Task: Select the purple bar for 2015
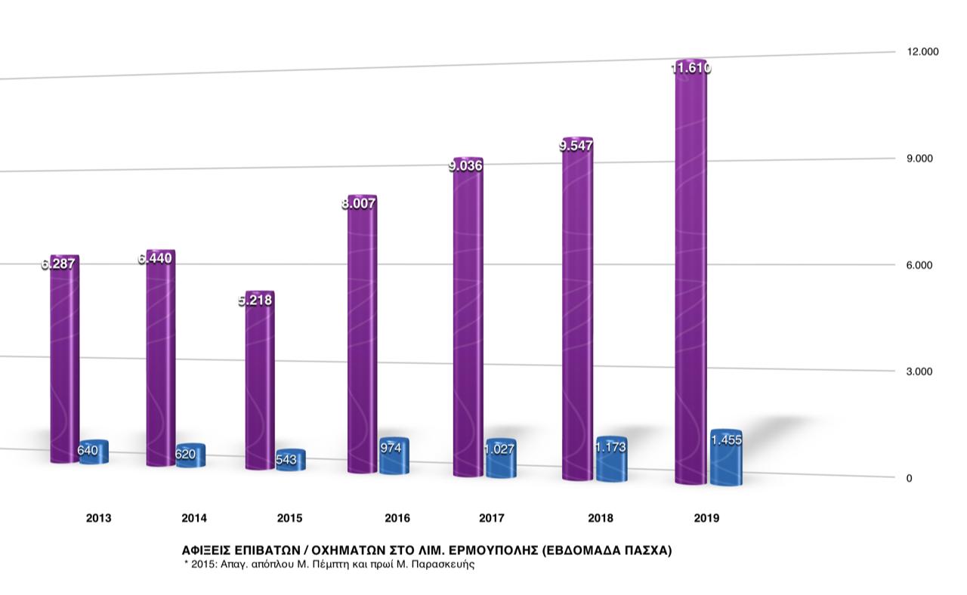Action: (x=260, y=385)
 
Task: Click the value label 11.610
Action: (x=690, y=68)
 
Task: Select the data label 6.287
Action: (x=60, y=264)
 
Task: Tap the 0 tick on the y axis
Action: (x=909, y=478)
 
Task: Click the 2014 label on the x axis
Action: (x=194, y=518)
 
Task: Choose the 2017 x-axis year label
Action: (x=492, y=518)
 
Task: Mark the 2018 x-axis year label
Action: (x=601, y=518)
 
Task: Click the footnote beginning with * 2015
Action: (x=329, y=564)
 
